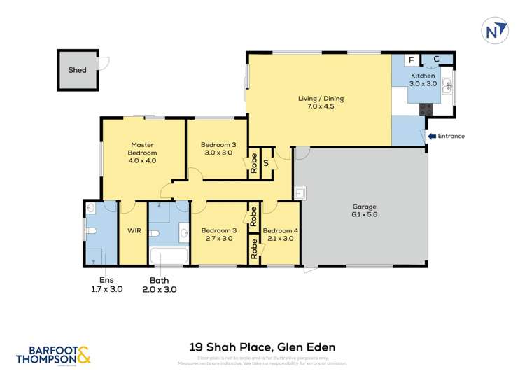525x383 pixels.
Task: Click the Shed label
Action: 77,70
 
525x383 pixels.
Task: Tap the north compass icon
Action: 495,30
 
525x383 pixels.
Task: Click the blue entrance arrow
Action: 432,136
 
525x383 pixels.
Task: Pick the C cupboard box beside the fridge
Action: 435,60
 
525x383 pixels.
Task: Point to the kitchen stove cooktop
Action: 425,109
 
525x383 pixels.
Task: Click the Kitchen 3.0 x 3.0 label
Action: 423,79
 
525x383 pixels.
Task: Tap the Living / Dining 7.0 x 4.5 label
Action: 321,102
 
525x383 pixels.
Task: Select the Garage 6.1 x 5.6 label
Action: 364,211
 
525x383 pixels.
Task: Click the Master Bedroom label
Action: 142,153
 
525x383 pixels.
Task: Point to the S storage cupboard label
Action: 266,164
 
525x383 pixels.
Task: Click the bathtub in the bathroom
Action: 169,256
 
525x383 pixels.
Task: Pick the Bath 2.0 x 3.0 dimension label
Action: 160,284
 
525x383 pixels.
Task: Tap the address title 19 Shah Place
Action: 262,347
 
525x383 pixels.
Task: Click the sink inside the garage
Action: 300,192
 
